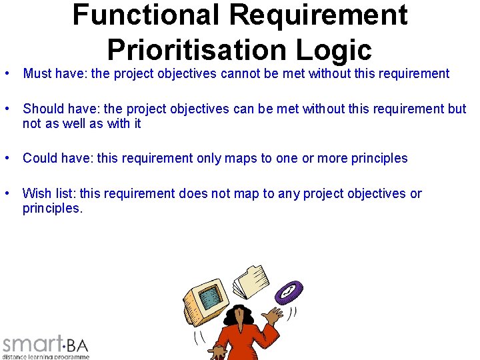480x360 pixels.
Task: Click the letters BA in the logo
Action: [x=77, y=345]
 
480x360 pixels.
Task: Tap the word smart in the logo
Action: [x=32, y=345]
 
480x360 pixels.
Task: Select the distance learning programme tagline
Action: [x=45, y=357]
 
